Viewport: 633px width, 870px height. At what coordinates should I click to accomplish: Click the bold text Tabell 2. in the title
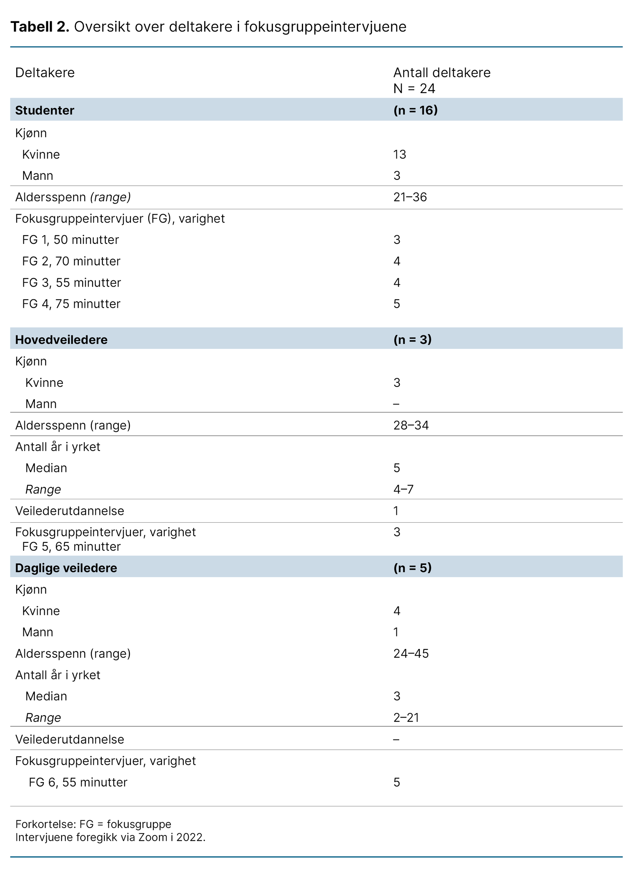tap(40, 27)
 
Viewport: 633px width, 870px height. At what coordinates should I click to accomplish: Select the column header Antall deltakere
tap(442, 72)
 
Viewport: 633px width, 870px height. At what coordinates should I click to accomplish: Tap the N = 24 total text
tap(414, 88)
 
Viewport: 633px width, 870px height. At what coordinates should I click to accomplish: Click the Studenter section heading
tap(45, 110)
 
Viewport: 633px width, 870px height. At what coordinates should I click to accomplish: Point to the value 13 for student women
tap(400, 154)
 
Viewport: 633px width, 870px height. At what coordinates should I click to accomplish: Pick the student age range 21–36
tap(410, 197)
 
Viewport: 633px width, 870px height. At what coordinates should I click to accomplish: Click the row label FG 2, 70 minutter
tap(71, 261)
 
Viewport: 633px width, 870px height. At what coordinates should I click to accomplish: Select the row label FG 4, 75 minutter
tap(71, 304)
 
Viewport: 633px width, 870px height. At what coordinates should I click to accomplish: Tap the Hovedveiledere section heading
tap(61, 339)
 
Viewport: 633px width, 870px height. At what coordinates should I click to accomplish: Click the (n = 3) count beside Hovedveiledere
tap(412, 339)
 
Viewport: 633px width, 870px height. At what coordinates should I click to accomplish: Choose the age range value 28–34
tap(411, 425)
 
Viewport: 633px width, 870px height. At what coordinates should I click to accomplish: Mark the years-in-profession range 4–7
tap(403, 489)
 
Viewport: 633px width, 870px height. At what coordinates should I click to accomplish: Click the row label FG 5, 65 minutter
tap(71, 546)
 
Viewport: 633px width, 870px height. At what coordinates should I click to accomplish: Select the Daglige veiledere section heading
tap(66, 568)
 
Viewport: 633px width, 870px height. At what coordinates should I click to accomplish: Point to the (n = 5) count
tap(412, 568)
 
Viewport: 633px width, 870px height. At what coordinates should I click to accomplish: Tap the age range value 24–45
tap(411, 653)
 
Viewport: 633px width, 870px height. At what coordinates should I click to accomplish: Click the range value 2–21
tap(406, 718)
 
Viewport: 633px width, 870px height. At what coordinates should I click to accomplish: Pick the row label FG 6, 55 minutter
tap(78, 782)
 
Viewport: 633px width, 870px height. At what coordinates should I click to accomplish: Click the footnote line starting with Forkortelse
tap(93, 824)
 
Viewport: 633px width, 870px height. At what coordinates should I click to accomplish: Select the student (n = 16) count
tap(415, 110)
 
